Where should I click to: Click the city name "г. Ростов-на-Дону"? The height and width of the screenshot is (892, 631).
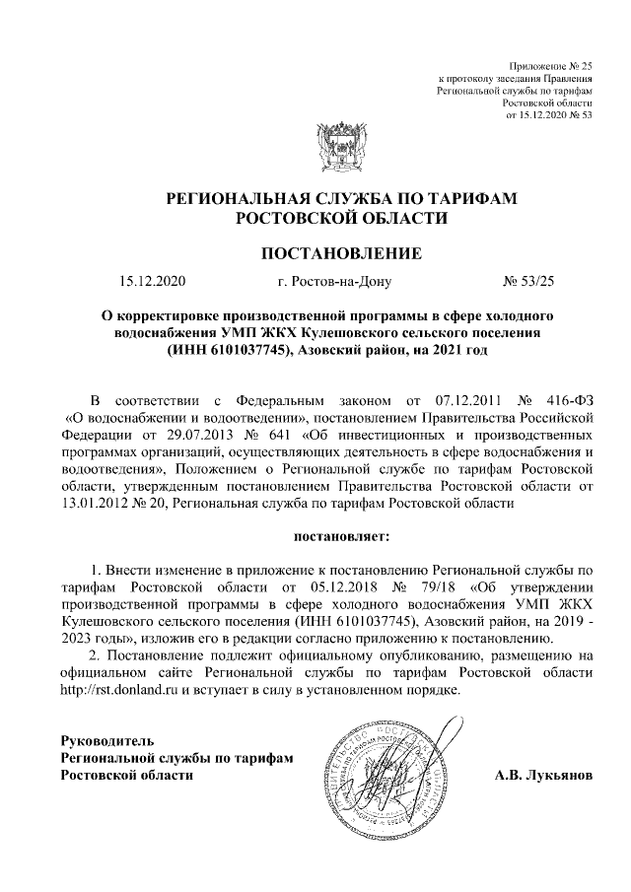[x=334, y=283]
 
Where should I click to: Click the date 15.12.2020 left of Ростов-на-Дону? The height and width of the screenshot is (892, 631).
[x=152, y=283]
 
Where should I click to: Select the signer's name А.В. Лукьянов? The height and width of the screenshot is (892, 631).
[x=543, y=775]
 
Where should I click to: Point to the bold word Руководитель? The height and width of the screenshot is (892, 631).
[x=106, y=739]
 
